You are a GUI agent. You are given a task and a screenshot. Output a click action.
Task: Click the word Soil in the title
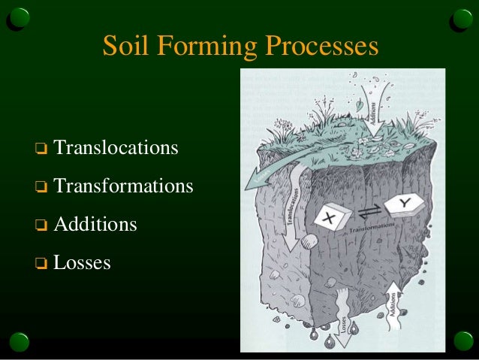(123, 47)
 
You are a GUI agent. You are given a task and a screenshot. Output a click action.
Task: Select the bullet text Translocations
(116, 147)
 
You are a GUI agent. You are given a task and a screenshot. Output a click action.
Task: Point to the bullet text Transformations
(123, 185)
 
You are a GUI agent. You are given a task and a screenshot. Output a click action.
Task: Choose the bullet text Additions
(95, 224)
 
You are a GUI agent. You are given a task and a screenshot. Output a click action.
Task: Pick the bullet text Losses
(82, 262)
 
